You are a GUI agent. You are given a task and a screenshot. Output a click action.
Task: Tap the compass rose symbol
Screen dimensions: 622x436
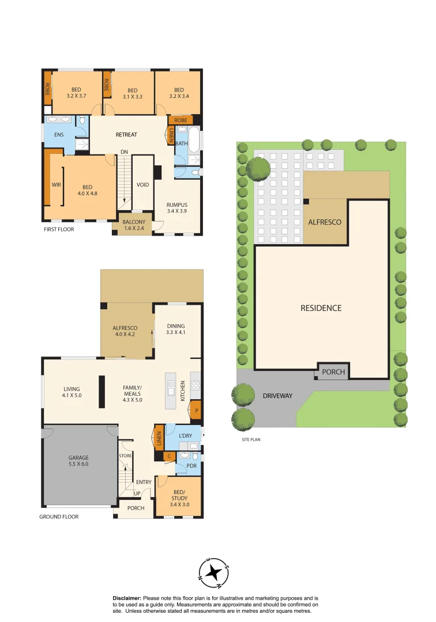click(214, 572)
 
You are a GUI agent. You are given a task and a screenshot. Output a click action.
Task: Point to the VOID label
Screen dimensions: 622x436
click(142, 185)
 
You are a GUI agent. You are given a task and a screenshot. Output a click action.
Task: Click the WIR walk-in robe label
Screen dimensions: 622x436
click(56, 185)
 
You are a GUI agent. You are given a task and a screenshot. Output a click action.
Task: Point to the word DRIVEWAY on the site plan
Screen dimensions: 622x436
click(278, 396)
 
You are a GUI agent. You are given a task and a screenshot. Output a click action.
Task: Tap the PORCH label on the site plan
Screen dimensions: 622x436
click(333, 372)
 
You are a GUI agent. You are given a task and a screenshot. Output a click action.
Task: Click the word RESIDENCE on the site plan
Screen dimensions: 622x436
click(321, 308)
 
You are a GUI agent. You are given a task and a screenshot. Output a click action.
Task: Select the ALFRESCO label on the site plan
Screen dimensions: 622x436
click(325, 222)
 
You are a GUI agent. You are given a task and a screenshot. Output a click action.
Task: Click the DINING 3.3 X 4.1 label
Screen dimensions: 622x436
click(175, 329)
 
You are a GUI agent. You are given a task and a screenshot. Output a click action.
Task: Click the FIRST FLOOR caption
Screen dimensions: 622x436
click(59, 229)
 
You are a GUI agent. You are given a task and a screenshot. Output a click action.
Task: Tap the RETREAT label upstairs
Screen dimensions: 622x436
click(126, 135)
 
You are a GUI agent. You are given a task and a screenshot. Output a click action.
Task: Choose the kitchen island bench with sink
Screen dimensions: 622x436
click(172, 390)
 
